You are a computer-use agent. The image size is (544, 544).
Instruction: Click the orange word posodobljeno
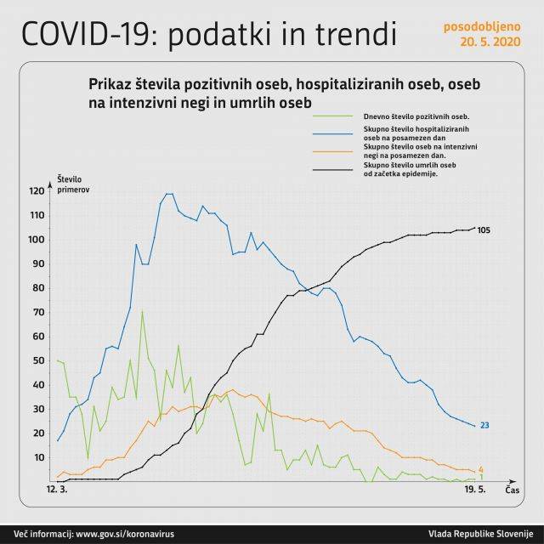(x=480, y=25)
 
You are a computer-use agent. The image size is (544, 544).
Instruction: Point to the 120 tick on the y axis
(x=35, y=191)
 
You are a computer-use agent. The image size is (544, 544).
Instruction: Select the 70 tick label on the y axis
(x=37, y=312)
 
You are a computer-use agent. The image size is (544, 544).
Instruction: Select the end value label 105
(x=484, y=230)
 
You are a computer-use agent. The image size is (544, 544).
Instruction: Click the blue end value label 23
(x=484, y=425)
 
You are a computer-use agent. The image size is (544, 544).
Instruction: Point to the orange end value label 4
(x=481, y=469)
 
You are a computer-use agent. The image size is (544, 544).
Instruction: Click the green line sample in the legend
(x=333, y=116)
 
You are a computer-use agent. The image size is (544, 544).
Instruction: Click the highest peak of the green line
(x=142, y=310)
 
